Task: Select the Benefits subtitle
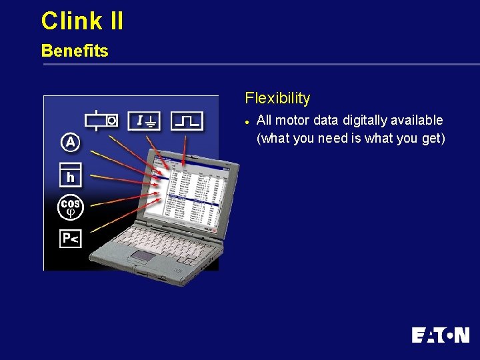(x=75, y=51)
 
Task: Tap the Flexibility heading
(x=277, y=98)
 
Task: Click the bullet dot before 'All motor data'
(x=247, y=121)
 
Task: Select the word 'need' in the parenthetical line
(x=333, y=138)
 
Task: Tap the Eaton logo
(x=440, y=335)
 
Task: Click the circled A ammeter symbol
(x=70, y=142)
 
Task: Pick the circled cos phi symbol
(x=70, y=207)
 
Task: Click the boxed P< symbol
(x=70, y=238)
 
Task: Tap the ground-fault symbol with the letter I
(x=144, y=121)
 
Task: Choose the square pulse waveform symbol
(x=187, y=121)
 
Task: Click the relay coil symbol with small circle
(x=102, y=121)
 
